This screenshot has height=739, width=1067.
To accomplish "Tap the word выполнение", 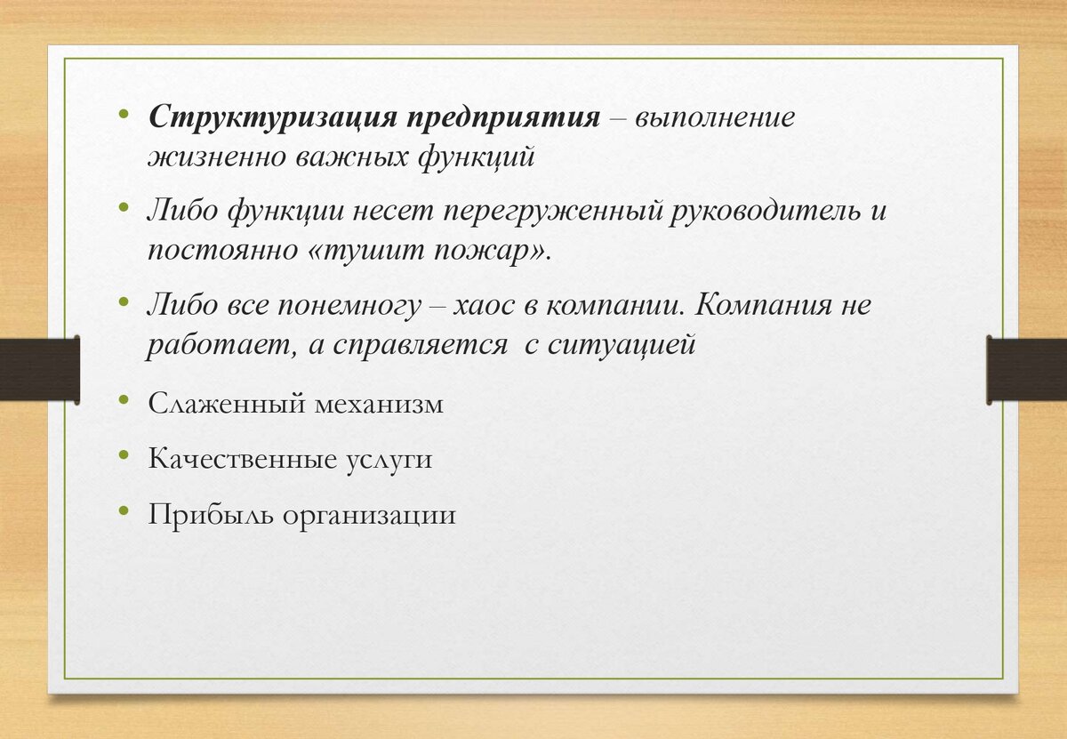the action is (715, 117).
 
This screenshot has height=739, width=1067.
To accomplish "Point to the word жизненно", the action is (216, 157).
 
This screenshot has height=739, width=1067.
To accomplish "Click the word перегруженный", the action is (553, 211).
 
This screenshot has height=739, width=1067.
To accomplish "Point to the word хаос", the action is (484, 305).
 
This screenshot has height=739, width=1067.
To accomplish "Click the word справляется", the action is (420, 345).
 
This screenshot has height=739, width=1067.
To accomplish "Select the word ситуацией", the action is (622, 345).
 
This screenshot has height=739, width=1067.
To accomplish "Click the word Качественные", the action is (243, 458).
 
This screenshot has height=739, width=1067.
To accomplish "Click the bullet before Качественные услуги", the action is (124, 455).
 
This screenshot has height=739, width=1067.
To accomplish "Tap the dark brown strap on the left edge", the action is (40, 369).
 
